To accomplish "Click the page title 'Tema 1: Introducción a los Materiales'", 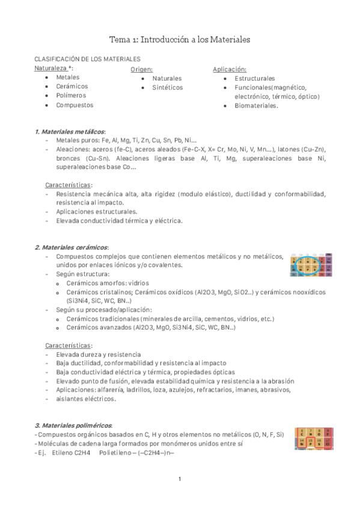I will coord(179,40).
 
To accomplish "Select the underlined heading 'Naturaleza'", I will coord(50,69).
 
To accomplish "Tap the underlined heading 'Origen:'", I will coord(141,69).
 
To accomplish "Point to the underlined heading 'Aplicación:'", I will coord(230,69).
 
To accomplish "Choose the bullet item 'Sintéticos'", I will coord(168,88).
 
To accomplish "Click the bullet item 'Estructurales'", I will coord(255,78).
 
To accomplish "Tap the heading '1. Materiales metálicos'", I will coord(70,131).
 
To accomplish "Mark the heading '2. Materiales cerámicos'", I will coord(72,247).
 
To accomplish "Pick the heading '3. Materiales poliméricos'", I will coord(73,425).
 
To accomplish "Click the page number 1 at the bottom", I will coord(180,479).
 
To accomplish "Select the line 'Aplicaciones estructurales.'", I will coord(96,212).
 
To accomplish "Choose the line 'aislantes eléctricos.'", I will coord(85,399).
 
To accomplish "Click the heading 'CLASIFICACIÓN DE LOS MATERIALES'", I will coord(87,60).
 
